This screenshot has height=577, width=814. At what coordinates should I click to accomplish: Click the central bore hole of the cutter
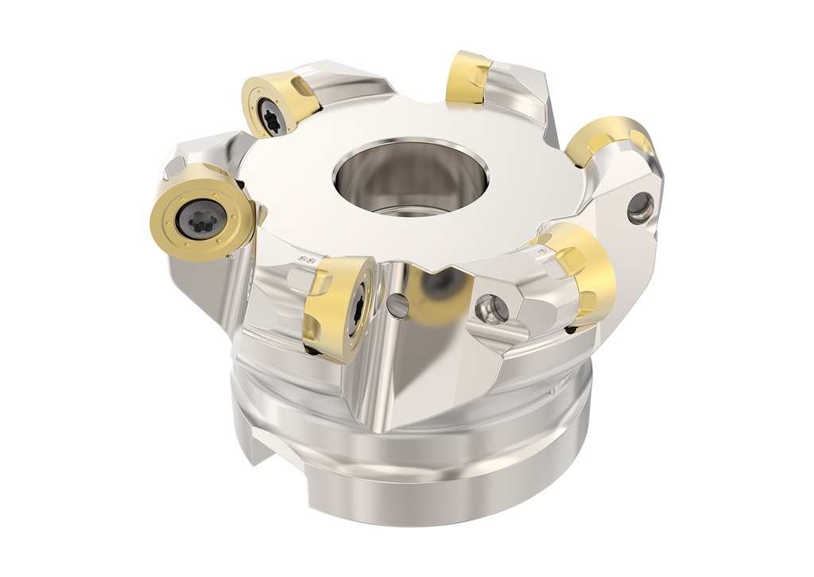[x=409, y=180]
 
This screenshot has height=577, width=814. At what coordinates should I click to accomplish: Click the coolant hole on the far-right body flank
[x=640, y=208]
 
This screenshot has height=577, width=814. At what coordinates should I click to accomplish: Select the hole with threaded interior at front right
[x=490, y=308]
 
